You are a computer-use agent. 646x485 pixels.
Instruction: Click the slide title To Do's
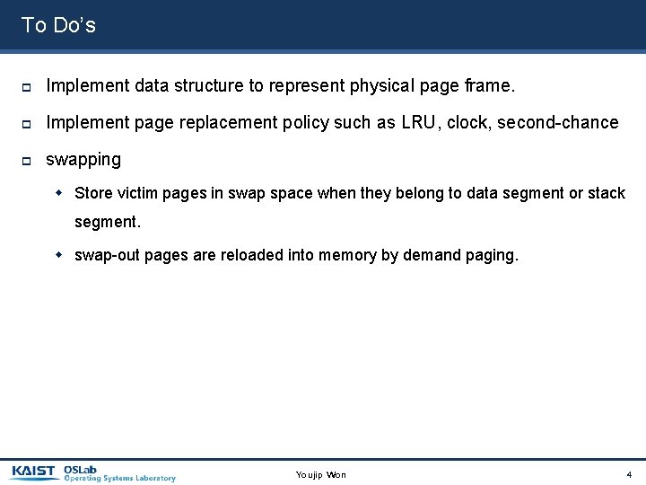pos(58,25)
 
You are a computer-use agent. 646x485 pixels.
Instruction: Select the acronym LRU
pos(419,122)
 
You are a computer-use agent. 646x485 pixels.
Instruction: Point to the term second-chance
pos(561,122)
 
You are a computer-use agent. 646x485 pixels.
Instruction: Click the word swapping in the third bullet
pos(83,159)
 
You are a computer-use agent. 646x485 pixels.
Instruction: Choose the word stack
pos(607,193)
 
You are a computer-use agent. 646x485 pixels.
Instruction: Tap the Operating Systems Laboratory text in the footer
pos(120,479)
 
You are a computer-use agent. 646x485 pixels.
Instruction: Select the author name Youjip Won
pos(320,474)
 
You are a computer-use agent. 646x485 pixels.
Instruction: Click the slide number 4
pos(629,474)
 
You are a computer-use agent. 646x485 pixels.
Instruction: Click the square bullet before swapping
pos(27,160)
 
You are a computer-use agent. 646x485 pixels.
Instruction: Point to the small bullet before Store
pos(60,193)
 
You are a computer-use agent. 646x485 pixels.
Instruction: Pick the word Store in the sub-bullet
pos(93,193)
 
